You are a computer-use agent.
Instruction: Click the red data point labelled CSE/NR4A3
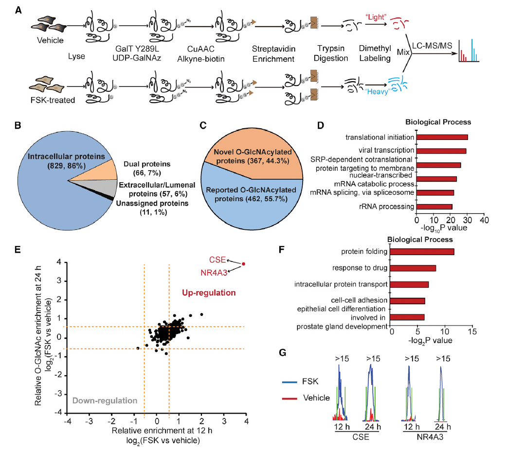coord(243,264)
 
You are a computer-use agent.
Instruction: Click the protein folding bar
coord(422,251)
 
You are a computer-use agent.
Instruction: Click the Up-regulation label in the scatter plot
coord(209,293)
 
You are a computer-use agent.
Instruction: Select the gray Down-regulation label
coord(105,401)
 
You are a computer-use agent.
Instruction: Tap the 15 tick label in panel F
coord(471,331)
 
